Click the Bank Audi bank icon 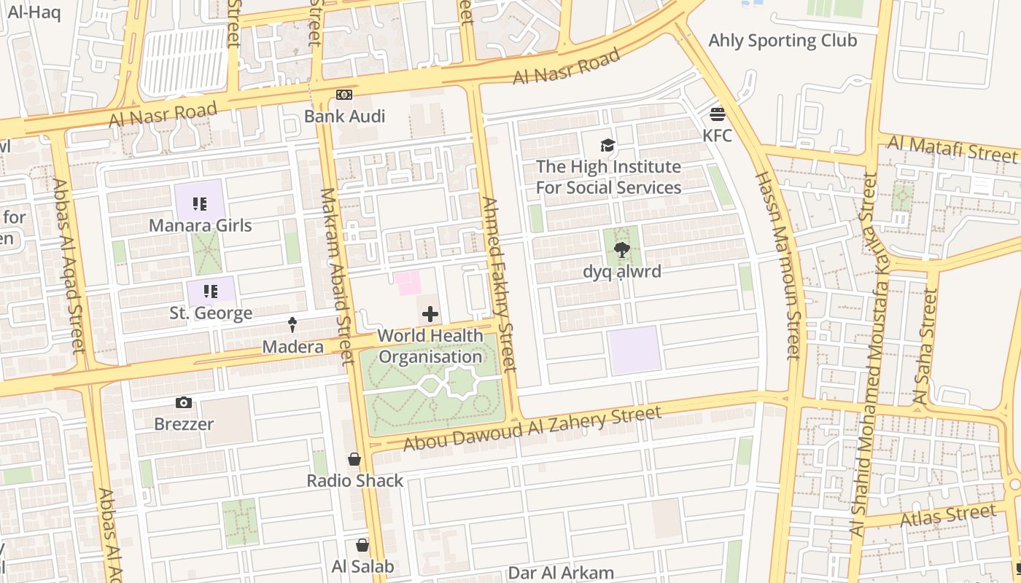click(x=343, y=95)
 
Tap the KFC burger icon click(x=717, y=114)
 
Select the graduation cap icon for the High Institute click(x=607, y=146)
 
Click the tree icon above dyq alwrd click(x=621, y=251)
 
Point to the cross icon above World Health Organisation click(x=430, y=314)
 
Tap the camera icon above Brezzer click(x=184, y=402)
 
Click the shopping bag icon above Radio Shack click(x=354, y=459)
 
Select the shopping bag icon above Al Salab click(x=362, y=545)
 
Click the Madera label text click(x=292, y=347)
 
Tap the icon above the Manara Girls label click(x=200, y=204)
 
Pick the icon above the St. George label click(x=211, y=292)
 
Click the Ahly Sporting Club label click(x=783, y=40)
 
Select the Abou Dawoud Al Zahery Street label click(x=532, y=429)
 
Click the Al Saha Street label click(x=925, y=347)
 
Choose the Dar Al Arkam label click(x=561, y=573)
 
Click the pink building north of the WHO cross click(x=408, y=283)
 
